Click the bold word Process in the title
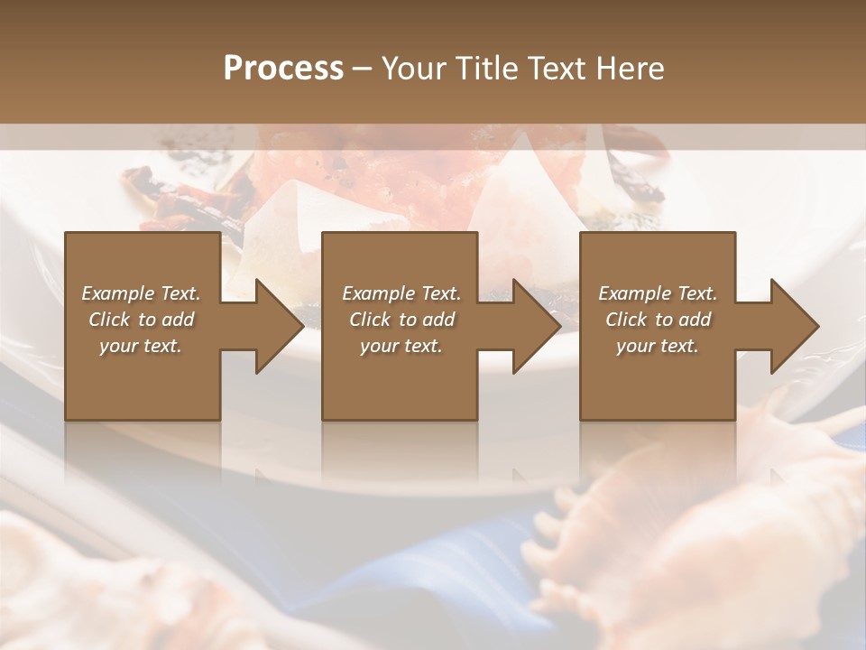point(283,69)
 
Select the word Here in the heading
point(631,69)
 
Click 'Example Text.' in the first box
point(141,293)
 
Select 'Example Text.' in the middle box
point(401,293)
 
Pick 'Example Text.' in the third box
point(658,293)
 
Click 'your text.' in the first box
point(141,346)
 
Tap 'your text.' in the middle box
point(401,346)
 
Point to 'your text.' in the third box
point(658,346)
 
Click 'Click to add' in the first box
point(141,320)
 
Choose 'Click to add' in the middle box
point(401,320)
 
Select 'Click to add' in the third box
point(658,320)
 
